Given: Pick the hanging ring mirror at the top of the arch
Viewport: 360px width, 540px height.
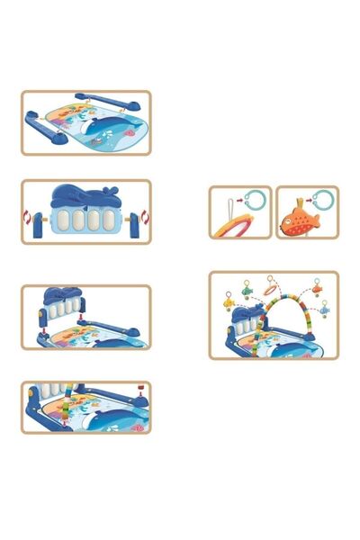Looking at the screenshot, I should click(271, 292).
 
